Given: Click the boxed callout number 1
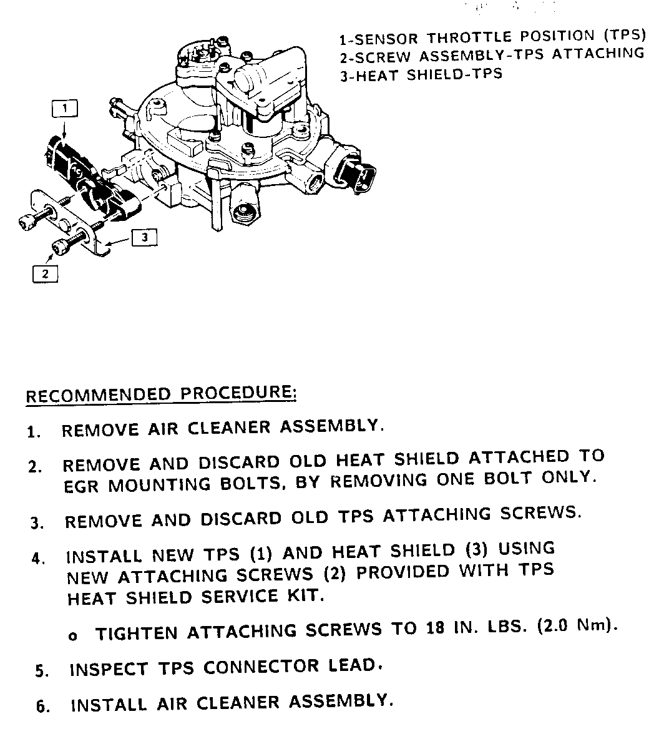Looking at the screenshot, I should point(65,109).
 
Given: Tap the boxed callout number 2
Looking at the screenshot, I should point(45,273).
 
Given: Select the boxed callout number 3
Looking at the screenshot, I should point(144,237).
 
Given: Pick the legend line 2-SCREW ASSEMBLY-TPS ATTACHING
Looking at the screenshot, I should point(492,55).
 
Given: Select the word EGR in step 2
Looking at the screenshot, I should point(82,486).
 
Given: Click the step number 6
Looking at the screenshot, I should point(42,707).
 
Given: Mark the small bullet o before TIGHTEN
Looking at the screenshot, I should point(73,636).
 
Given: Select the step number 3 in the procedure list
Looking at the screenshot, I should point(36,523).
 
